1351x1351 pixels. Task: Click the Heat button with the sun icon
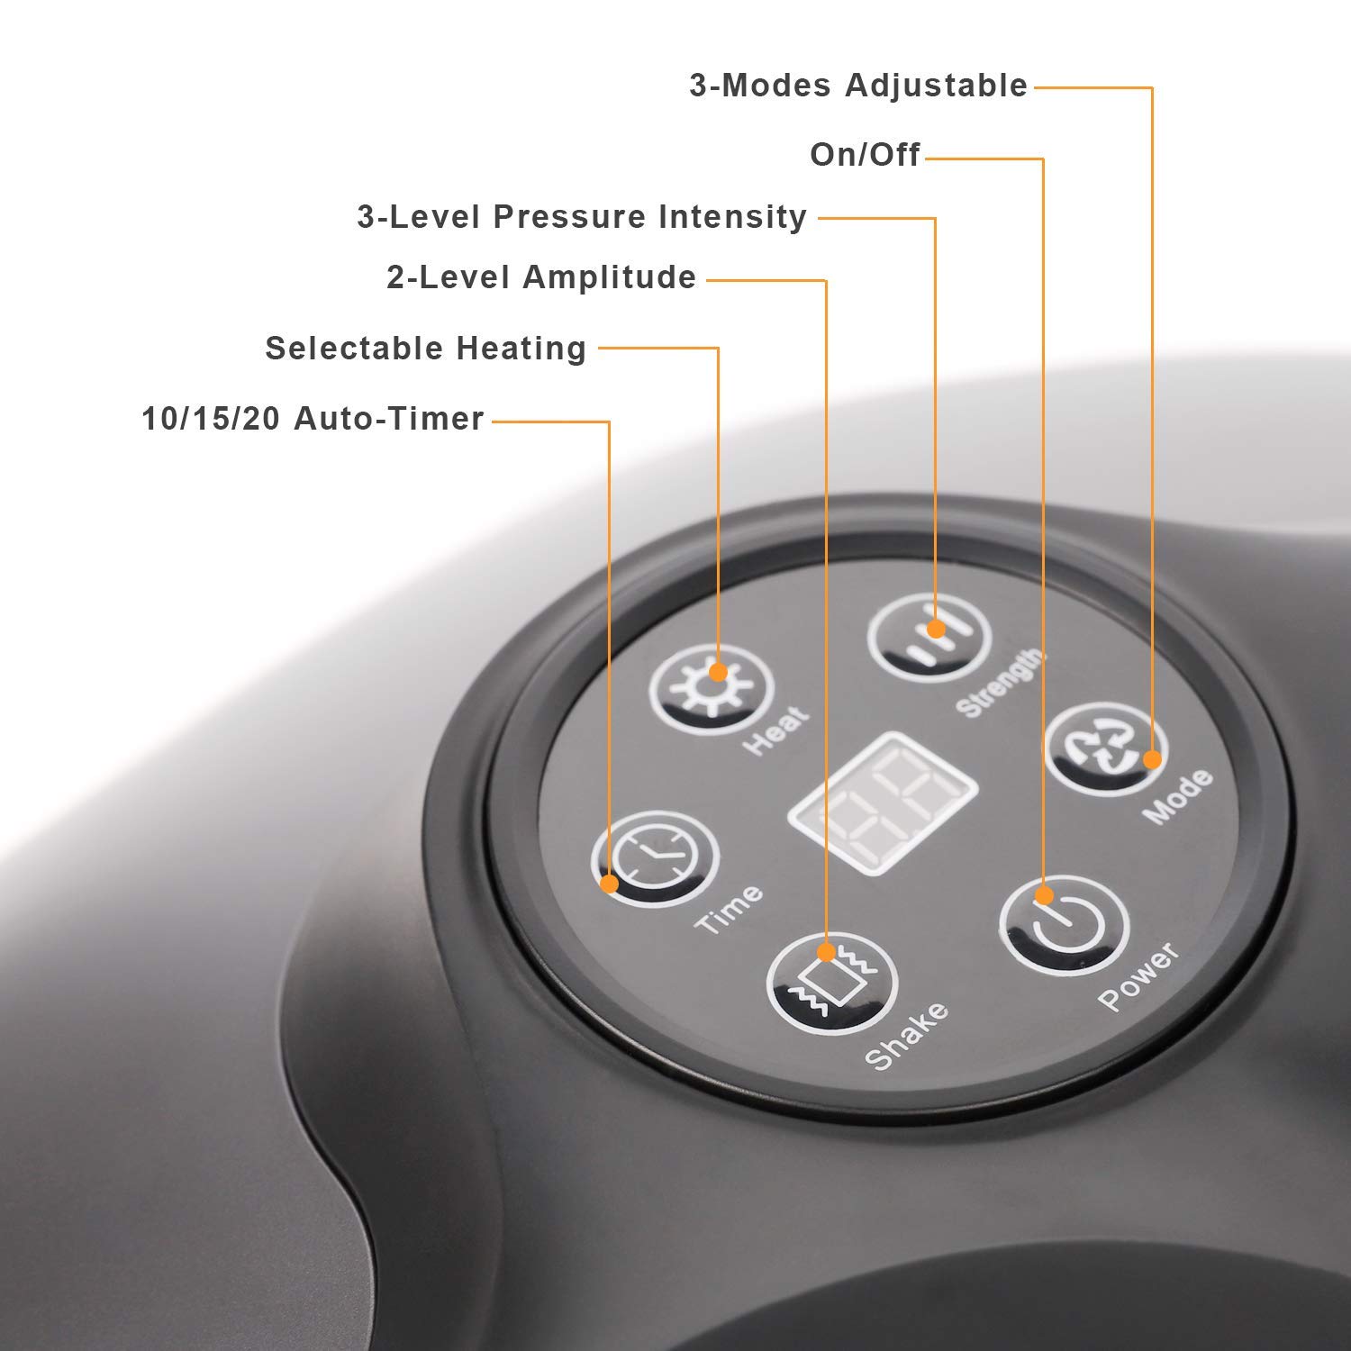point(712,691)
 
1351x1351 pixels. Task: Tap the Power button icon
point(1065,925)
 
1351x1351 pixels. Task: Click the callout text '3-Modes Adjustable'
point(858,86)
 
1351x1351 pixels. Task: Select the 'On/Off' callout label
point(865,155)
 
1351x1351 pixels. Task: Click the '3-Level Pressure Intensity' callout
point(582,217)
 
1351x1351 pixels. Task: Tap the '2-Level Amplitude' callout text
point(541,277)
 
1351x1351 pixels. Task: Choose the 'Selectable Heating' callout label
point(426,349)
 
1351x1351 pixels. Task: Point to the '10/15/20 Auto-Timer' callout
point(313,419)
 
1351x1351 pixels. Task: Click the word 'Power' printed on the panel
point(1138,975)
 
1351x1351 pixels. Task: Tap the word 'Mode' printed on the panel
point(1177,797)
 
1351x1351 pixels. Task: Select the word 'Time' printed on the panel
point(729,908)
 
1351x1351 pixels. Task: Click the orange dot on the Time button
point(610,884)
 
